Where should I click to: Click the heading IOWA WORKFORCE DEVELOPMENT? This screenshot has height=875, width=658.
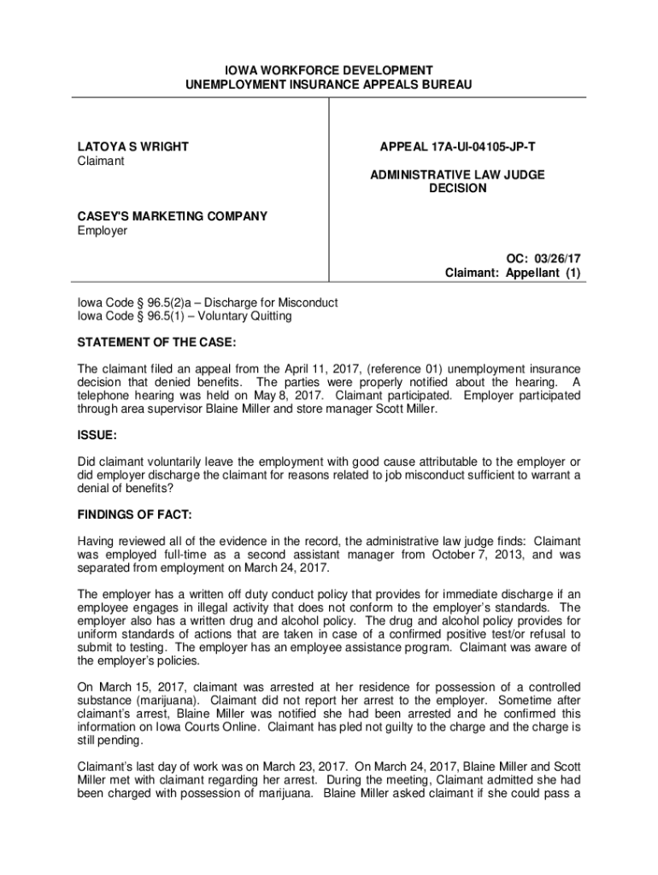pyautogui.click(x=328, y=70)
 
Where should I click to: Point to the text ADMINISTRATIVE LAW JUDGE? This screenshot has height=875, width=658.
pyautogui.click(x=457, y=174)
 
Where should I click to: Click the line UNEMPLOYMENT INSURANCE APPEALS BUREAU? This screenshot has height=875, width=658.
pyautogui.click(x=328, y=85)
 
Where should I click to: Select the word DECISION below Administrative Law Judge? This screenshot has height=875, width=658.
pyautogui.click(x=457, y=189)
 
